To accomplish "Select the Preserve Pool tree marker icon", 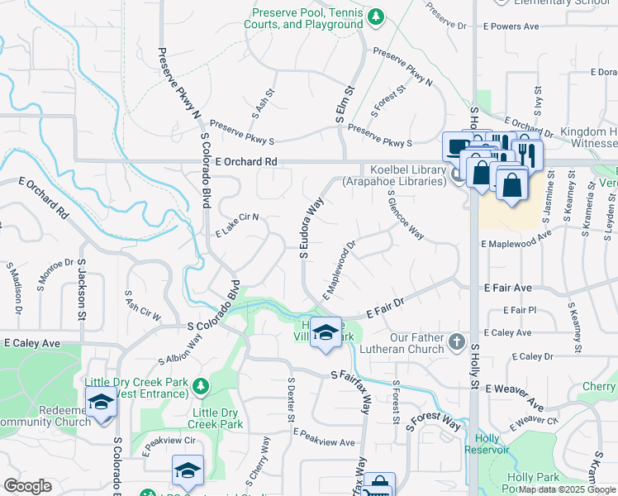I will click(x=375, y=16).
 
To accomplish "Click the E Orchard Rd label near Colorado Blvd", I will click(x=245, y=162).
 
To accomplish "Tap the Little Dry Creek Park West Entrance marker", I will click(x=199, y=386).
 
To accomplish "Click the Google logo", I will click(x=27, y=485).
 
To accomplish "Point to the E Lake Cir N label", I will click(x=238, y=223).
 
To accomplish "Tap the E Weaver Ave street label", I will click(x=515, y=387).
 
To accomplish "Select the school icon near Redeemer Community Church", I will click(x=102, y=403).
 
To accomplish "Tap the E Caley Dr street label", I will click(x=532, y=356).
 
